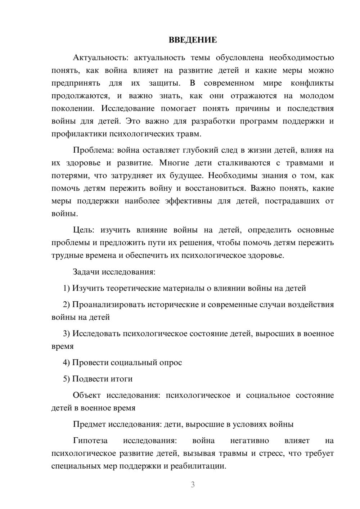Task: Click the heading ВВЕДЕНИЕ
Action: click(x=193, y=40)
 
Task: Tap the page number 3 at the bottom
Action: click(x=193, y=485)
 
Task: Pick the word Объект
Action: click(x=87, y=395)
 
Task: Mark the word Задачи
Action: click(x=86, y=272)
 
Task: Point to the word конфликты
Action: click(x=312, y=83)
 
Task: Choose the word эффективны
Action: click(x=188, y=201)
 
